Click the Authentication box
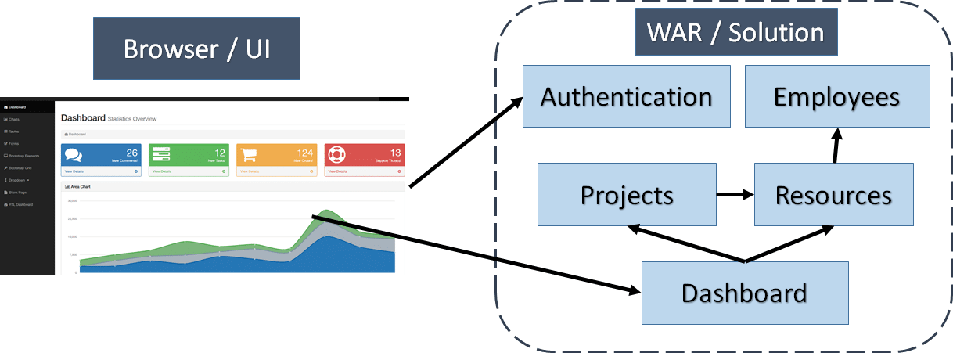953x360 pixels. (627, 96)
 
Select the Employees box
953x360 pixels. (836, 96)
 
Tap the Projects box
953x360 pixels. (627, 194)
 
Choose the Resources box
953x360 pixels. (833, 194)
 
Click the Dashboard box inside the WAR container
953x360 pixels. (744, 293)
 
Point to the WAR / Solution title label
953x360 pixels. (735, 33)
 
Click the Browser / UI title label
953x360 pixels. (196, 49)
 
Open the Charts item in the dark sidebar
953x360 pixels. (14, 119)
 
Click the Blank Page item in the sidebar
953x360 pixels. (16, 192)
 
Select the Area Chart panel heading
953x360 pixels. (78, 187)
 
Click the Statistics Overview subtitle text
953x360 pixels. (132, 119)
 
